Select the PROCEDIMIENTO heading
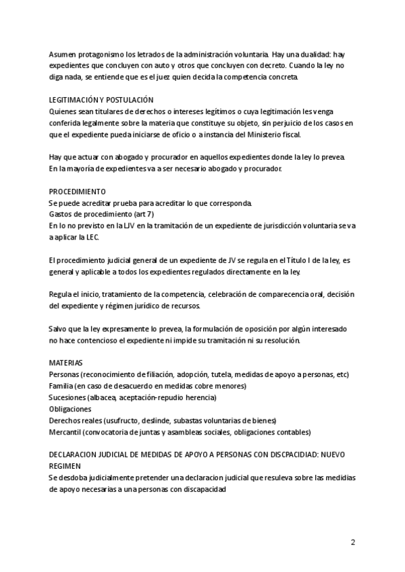(78, 192)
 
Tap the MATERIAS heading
(66, 362)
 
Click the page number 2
(352, 542)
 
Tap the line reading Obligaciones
(70, 409)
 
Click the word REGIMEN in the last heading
(65, 466)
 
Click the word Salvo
(59, 328)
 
